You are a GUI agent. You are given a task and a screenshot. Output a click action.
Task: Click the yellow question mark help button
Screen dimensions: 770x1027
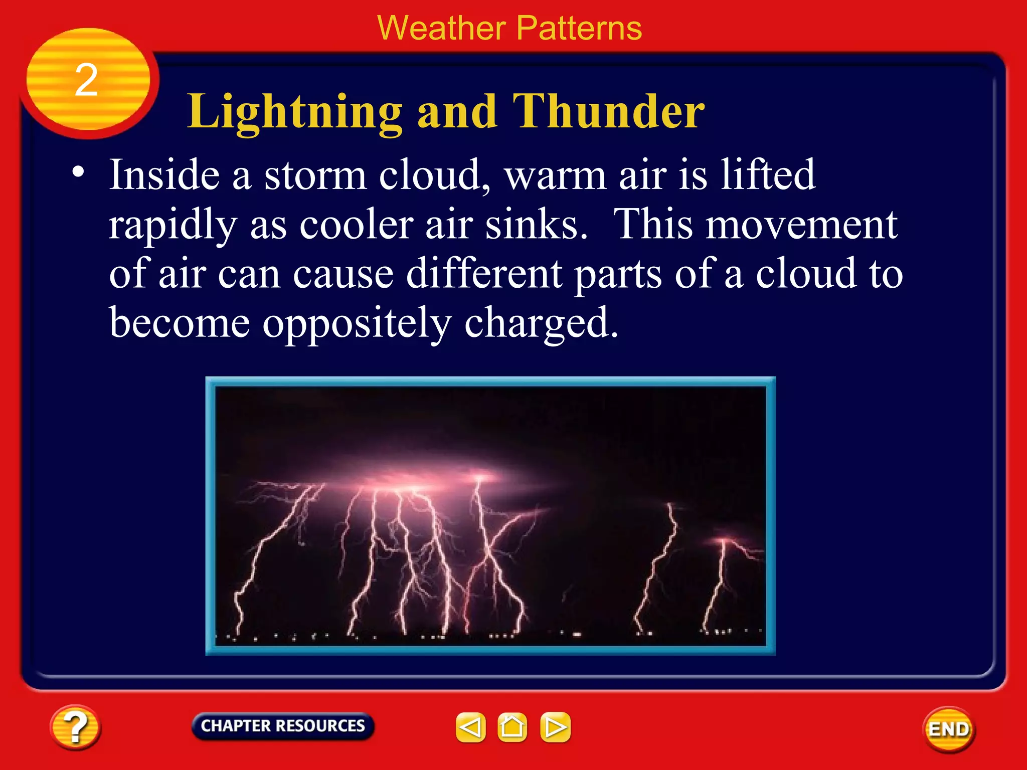(x=75, y=727)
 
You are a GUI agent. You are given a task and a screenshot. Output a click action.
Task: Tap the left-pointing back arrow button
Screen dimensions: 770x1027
(x=470, y=727)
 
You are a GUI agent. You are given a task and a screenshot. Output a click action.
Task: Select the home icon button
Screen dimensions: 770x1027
(x=512, y=727)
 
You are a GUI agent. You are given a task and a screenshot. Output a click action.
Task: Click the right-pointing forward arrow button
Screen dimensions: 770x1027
(x=555, y=727)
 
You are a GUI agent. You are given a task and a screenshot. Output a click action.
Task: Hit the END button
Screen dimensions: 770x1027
(x=949, y=729)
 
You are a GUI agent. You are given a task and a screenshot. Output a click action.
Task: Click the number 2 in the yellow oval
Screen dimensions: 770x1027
(x=86, y=80)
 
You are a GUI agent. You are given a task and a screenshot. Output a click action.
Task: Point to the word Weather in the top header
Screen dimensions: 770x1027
(x=441, y=28)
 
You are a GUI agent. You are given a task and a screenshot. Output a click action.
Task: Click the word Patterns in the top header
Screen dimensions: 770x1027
(x=579, y=28)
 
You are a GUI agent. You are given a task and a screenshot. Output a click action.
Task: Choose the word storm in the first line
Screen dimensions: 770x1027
(x=315, y=175)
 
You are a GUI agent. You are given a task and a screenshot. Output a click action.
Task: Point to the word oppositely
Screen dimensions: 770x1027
(x=357, y=324)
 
